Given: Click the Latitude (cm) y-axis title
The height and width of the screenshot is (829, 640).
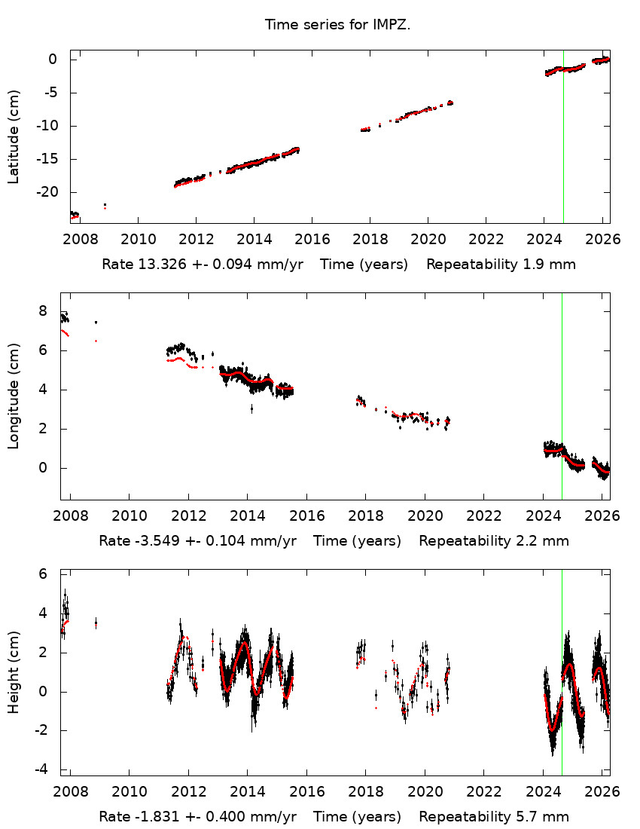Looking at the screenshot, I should [14, 136].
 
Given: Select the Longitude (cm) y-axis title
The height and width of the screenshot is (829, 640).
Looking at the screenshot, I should [14, 396].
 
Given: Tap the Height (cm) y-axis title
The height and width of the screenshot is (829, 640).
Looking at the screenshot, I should [14, 673].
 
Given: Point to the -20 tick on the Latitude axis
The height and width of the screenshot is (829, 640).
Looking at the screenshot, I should [50, 192].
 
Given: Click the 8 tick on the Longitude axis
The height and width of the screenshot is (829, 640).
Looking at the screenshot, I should [43, 311].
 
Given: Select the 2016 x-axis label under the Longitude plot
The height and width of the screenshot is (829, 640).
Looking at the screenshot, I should [306, 515].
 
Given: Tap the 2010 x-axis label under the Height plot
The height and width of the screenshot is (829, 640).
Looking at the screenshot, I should [129, 792].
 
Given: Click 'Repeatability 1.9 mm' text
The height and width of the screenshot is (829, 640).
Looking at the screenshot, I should [501, 265].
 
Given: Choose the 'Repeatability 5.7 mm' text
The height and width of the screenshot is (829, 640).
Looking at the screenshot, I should [494, 817].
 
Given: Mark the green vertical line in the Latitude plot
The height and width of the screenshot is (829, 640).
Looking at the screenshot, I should [563, 136].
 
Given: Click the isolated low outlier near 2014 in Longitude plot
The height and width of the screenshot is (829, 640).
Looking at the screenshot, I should [251, 408].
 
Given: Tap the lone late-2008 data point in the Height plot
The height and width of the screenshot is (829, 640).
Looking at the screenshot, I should [96, 623].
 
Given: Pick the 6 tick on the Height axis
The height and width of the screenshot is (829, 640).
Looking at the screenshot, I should [43, 574].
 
